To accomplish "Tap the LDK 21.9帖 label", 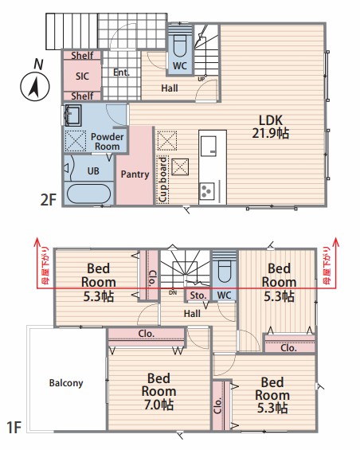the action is pyautogui.click(x=271, y=127).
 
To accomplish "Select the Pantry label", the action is pyautogui.click(x=135, y=174).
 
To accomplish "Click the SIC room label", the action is pyautogui.click(x=82, y=76).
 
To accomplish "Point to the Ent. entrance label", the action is pyautogui.click(x=121, y=72).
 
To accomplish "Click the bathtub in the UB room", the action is pyautogui.click(x=88, y=194).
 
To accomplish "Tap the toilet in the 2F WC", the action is pyautogui.click(x=180, y=47).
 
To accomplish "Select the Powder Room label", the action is pyautogui.click(x=107, y=142).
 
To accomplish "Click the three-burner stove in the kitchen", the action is pyautogui.click(x=207, y=191).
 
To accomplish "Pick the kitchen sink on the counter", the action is pyautogui.click(x=208, y=146).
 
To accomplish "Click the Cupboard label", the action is pyautogui.click(x=162, y=179).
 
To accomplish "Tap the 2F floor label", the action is pyautogui.click(x=48, y=199).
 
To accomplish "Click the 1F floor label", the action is pyautogui.click(x=14, y=428).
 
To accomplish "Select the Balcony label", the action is pyautogui.click(x=66, y=383).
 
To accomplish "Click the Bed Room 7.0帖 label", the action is pyautogui.click(x=158, y=391).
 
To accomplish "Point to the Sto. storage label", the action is pyautogui.click(x=198, y=295).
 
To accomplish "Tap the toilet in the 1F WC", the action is pyautogui.click(x=225, y=270).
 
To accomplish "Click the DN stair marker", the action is pyautogui.click(x=173, y=293).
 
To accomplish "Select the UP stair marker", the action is pyautogui.click(x=202, y=78).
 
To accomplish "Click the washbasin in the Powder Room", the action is pyautogui.click(x=72, y=115).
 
